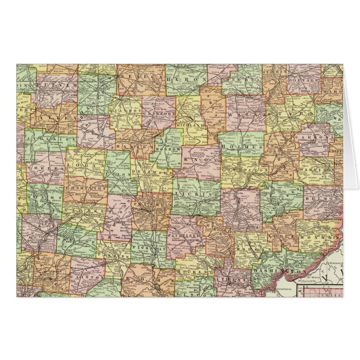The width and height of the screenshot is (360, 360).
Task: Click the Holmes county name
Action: (241, 146)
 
